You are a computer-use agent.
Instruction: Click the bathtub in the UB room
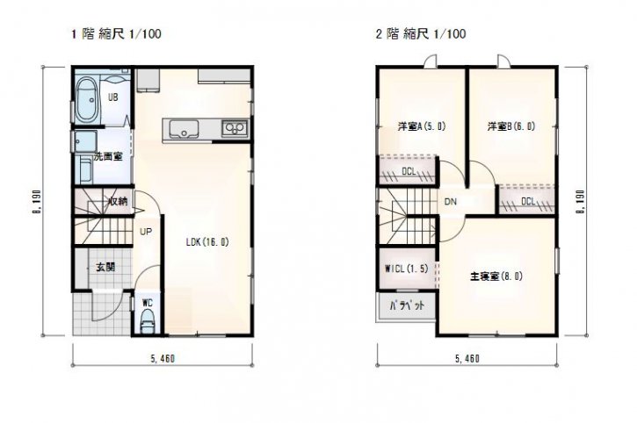click(x=86, y=100)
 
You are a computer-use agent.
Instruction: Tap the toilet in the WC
click(x=148, y=321)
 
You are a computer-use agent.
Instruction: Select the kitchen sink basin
click(x=184, y=129)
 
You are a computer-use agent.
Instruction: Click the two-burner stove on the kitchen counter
click(x=235, y=128)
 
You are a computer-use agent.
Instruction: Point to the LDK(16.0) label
click(x=207, y=242)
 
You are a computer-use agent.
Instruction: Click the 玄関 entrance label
click(x=105, y=267)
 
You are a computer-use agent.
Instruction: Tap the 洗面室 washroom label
click(x=108, y=156)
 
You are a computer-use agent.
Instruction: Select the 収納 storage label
click(x=119, y=201)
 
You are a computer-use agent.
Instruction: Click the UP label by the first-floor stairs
click(x=146, y=232)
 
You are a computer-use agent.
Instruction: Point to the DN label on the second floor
click(x=450, y=201)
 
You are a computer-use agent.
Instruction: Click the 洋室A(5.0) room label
click(x=421, y=126)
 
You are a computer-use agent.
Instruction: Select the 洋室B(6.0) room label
click(x=511, y=126)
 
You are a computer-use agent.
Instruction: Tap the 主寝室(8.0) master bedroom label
click(x=496, y=276)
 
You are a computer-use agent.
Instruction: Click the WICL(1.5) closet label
click(x=406, y=269)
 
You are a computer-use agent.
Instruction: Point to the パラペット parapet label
click(x=407, y=305)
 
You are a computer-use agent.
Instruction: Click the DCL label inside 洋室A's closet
click(x=409, y=171)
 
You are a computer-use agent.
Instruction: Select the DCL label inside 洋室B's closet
click(x=528, y=201)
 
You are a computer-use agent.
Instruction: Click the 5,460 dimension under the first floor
click(x=163, y=358)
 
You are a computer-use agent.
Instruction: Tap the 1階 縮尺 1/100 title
click(x=116, y=33)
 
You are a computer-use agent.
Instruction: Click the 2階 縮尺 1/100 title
click(x=421, y=33)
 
